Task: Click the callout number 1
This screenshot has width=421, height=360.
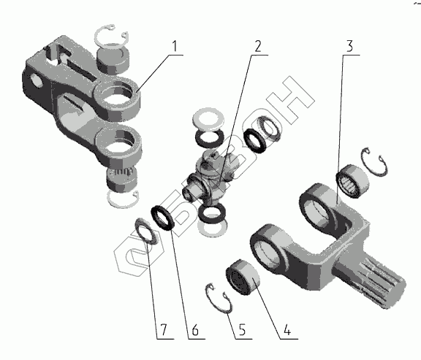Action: [175, 46]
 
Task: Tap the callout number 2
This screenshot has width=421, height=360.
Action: [257, 46]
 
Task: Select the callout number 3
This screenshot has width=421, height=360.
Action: [349, 46]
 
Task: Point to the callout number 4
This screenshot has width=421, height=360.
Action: [287, 329]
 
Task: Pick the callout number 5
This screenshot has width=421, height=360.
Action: [242, 329]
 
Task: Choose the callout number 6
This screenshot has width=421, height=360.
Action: [195, 329]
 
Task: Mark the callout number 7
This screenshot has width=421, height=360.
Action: [163, 329]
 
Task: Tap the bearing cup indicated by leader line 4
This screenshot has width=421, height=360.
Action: [243, 276]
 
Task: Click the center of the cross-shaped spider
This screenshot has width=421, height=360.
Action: [212, 178]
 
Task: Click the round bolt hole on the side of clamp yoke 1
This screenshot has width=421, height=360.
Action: [37, 80]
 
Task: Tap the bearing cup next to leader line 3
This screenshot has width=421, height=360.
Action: [353, 181]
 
